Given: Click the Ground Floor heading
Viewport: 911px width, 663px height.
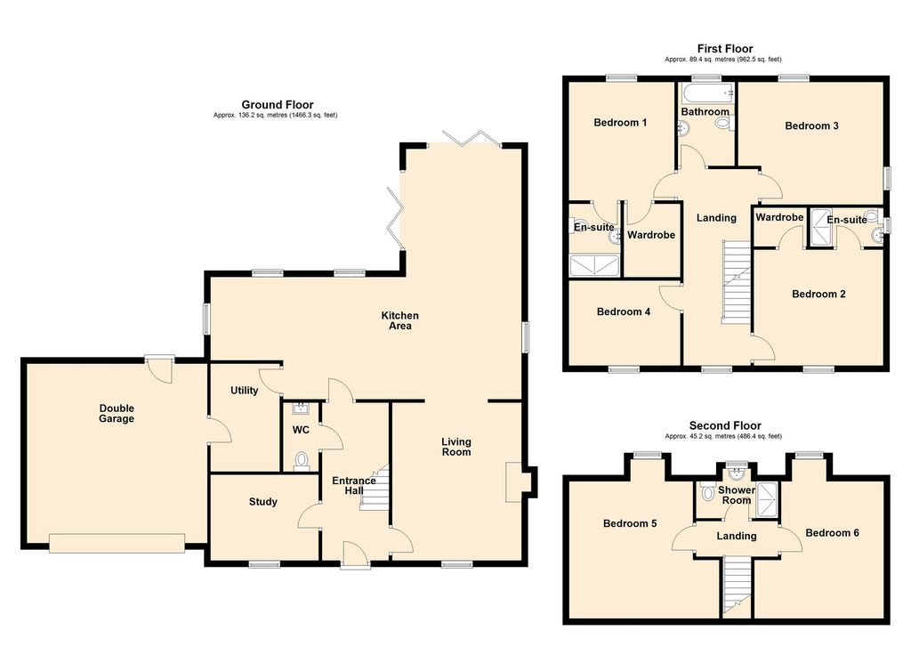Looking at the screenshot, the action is click(x=278, y=105).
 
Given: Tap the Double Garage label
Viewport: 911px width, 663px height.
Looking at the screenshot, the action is click(x=117, y=413).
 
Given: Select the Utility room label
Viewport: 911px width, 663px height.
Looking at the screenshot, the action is click(x=244, y=391).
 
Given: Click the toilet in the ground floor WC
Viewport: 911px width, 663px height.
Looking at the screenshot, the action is click(x=301, y=461).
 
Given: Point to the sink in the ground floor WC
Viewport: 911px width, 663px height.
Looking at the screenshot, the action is click(x=301, y=408).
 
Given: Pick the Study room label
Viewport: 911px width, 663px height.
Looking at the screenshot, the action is click(x=263, y=501).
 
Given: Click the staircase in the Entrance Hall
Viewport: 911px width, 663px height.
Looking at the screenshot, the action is click(x=374, y=487).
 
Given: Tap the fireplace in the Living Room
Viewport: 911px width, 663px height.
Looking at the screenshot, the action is click(x=515, y=481).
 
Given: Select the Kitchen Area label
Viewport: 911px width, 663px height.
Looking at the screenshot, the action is click(x=399, y=320).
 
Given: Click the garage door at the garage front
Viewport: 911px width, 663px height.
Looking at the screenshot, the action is click(x=117, y=543).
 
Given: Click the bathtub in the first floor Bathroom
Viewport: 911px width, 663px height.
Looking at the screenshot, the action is click(x=707, y=93).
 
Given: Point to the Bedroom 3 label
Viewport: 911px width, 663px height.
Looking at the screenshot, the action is click(x=811, y=125).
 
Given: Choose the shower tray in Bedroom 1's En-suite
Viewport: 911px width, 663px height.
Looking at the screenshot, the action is click(x=594, y=265).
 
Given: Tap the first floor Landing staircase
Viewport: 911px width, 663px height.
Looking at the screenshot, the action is click(x=737, y=281).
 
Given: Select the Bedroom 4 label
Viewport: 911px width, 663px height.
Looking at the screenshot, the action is click(x=624, y=311).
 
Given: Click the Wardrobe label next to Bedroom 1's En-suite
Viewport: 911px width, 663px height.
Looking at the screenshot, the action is click(x=651, y=235).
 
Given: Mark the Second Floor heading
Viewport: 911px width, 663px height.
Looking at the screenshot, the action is click(x=725, y=425).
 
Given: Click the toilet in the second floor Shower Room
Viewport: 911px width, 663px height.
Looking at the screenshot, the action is click(x=707, y=493).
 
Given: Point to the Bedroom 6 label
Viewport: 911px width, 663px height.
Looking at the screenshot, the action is click(x=832, y=533).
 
